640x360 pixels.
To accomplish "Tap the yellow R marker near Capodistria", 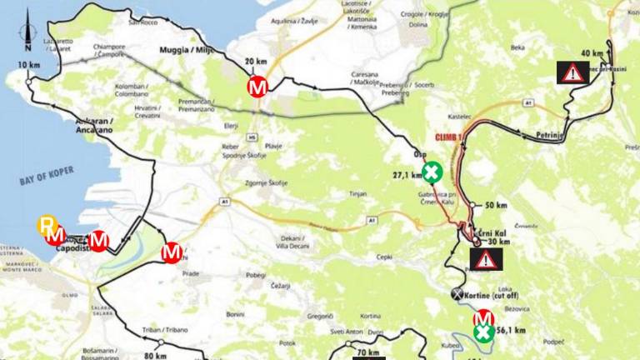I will [47, 225].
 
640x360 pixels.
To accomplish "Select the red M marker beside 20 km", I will [257, 86].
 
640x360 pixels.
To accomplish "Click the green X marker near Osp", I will [432, 173].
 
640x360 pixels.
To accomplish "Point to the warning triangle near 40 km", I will [572, 72].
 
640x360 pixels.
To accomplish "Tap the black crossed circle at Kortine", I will [456, 293].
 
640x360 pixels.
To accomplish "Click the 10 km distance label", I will [27, 65].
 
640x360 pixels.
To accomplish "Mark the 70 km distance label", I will [367, 353].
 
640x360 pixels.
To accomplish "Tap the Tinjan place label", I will [357, 193].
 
